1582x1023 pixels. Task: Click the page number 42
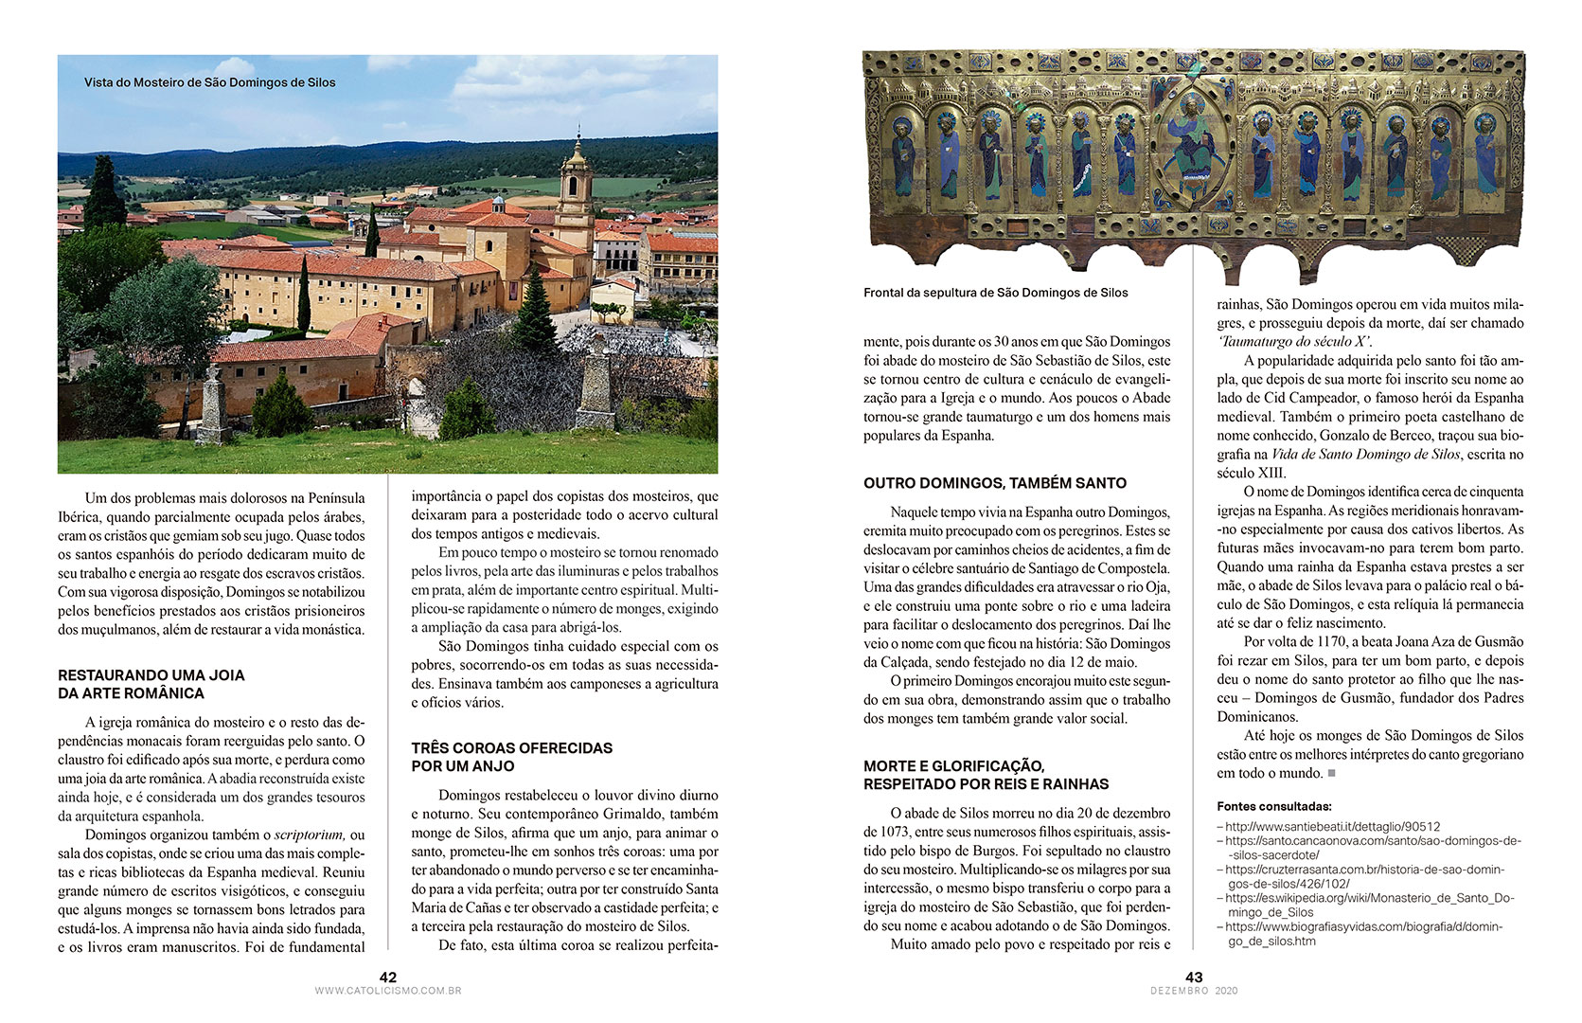pos(387,977)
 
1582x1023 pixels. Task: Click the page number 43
pos(1194,977)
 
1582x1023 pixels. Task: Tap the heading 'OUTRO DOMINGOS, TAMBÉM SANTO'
pos(995,483)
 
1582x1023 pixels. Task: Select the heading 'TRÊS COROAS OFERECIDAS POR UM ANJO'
pos(511,757)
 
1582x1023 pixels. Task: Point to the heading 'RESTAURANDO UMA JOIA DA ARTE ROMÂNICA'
pos(151,684)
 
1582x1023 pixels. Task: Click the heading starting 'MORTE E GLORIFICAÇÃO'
pos(986,775)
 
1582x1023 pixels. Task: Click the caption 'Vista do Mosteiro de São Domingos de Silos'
pos(209,82)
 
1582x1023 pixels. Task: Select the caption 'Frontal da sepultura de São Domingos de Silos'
pos(995,293)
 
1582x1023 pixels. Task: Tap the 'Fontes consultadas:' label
pos(1273,807)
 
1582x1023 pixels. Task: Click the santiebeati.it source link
pos(1332,826)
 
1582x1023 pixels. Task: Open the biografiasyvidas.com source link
pos(1363,934)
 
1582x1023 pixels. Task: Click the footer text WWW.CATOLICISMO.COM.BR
pos(387,991)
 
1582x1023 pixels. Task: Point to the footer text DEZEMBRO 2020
pos(1194,991)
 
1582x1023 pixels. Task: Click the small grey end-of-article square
pos(1331,774)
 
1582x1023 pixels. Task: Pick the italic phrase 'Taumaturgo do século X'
pos(1294,341)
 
